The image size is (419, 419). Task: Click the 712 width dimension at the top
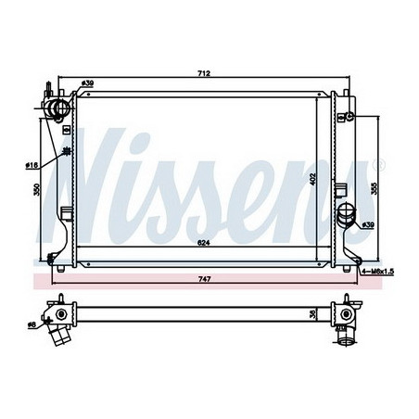(202, 73)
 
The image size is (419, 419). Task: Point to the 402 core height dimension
(313, 178)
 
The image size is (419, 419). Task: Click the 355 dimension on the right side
(374, 185)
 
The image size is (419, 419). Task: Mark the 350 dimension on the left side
(37, 189)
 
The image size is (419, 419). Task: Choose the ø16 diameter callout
(32, 165)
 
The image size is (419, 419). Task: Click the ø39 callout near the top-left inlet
(88, 84)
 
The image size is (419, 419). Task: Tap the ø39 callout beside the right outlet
(367, 224)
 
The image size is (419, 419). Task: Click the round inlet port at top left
(59, 112)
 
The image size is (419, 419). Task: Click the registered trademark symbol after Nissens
(378, 166)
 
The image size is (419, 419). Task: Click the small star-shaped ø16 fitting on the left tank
(64, 152)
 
